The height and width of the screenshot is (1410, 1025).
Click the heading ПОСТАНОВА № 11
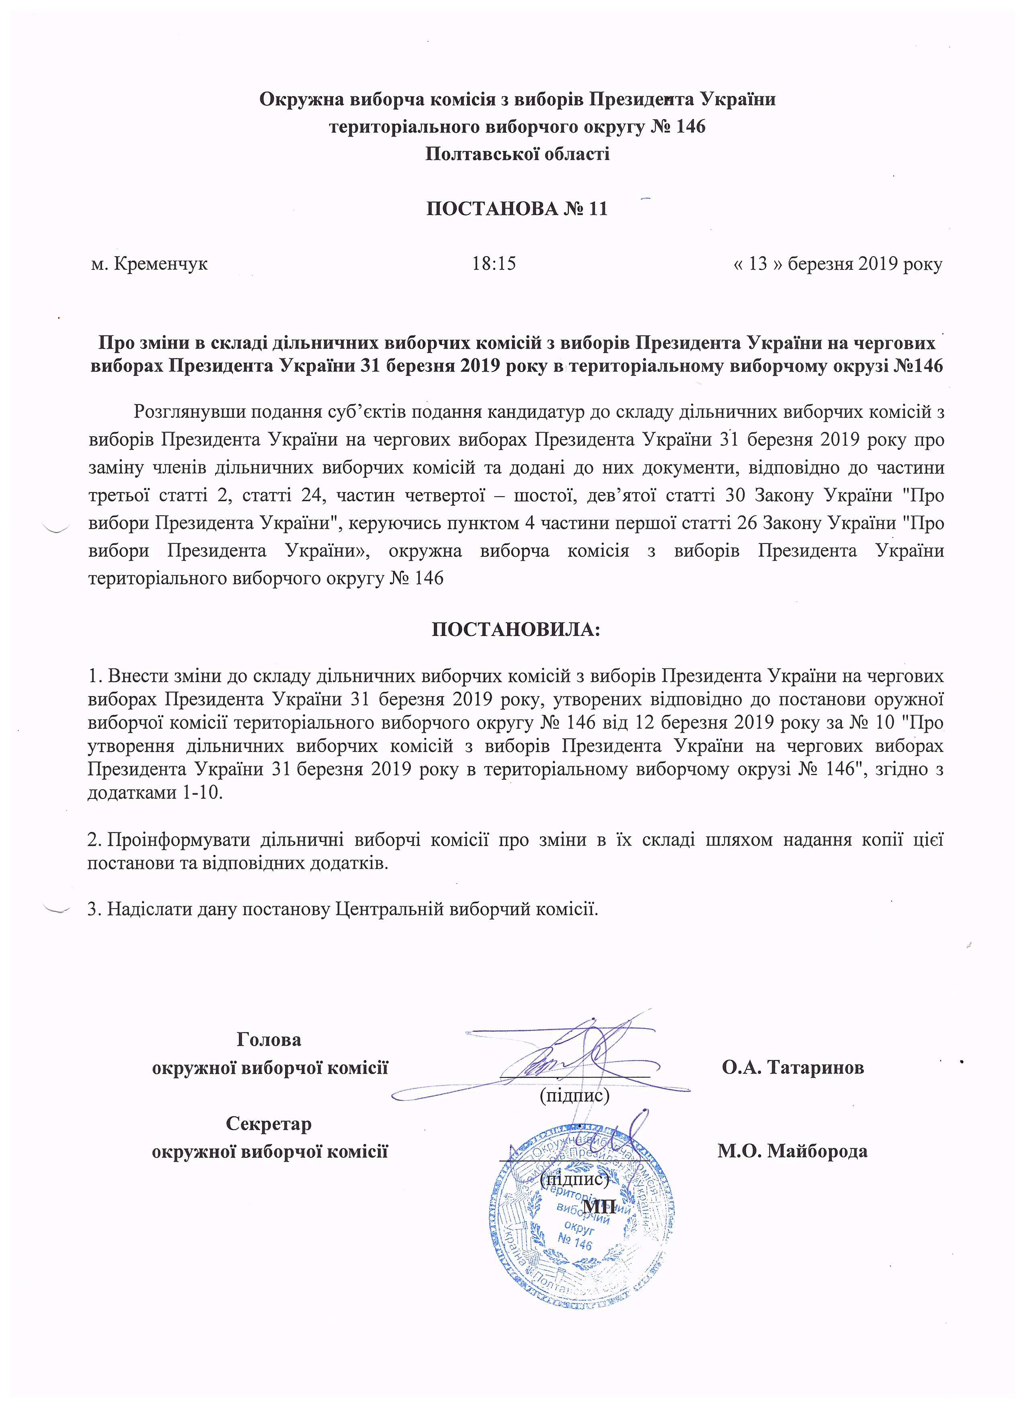pos(516,208)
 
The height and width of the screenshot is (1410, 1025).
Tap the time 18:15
pos(494,264)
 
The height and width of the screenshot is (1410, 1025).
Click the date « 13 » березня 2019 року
pos(837,264)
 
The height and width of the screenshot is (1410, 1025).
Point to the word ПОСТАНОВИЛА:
pos(516,630)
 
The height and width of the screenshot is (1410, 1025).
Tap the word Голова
pos(269,1040)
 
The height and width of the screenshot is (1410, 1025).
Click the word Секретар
pos(269,1124)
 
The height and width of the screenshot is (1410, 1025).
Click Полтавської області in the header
pos(517,153)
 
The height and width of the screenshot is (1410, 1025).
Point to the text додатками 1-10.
pos(155,793)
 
